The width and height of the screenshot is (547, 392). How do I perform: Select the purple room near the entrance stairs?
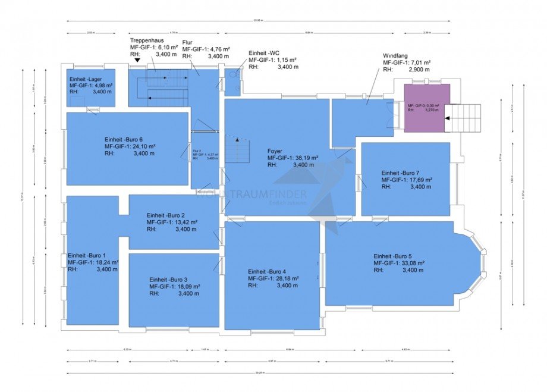426,108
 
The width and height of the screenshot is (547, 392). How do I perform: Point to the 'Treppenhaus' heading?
147,40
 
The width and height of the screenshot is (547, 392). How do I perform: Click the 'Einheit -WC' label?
266,53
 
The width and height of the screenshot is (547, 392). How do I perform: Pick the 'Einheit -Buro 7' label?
405,173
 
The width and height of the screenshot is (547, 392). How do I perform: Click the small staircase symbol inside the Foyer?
241,146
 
